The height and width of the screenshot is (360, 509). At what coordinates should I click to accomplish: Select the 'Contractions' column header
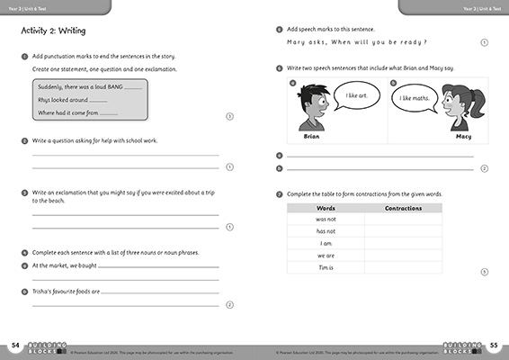pos(403,208)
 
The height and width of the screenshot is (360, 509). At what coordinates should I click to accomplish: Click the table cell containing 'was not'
pos(326,220)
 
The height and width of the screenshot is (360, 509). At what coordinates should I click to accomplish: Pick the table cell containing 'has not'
pos(326,231)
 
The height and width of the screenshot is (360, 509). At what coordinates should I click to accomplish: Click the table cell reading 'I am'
pos(326,244)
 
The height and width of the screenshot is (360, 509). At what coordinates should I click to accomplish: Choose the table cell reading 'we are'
pos(326,256)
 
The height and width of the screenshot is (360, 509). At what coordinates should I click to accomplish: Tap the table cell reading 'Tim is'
pos(326,268)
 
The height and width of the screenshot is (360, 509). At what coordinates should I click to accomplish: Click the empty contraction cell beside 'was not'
pos(403,220)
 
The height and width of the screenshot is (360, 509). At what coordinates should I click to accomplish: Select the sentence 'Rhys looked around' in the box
pos(63,100)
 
